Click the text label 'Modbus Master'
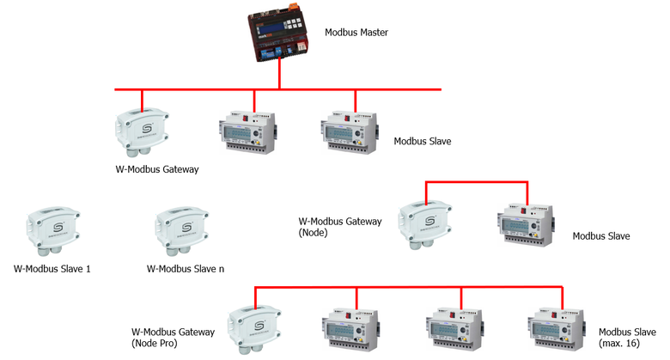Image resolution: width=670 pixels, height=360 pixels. [x=356, y=33]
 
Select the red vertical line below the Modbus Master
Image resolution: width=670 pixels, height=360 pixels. [x=280, y=76]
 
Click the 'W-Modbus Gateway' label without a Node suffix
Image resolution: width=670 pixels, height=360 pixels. [x=157, y=169]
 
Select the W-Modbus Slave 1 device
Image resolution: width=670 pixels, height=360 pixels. [x=52, y=231]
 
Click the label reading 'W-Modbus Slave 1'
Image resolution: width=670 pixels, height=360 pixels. [x=52, y=269]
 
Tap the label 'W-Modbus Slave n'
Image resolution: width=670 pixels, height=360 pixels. [x=186, y=269]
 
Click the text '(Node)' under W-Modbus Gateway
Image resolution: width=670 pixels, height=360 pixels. [x=314, y=233]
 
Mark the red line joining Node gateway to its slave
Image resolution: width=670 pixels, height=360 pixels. [x=477, y=182]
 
